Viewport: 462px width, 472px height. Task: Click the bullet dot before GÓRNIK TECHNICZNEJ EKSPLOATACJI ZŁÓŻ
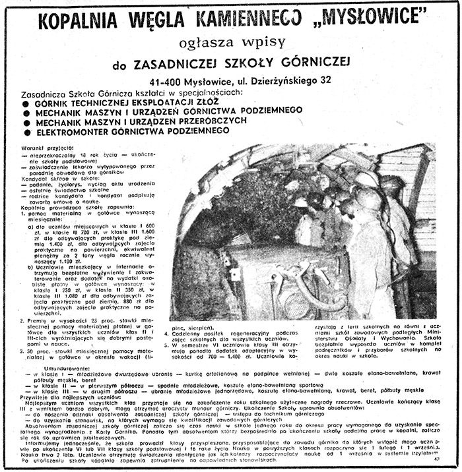[25, 103]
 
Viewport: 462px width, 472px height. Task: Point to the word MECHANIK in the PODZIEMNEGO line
[60, 113]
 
